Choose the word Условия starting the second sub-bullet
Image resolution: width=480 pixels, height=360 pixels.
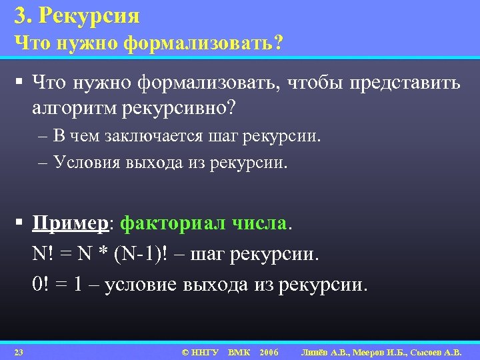(87, 162)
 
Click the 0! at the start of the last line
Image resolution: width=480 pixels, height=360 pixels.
(39, 285)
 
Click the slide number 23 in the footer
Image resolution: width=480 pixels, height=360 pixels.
(19, 351)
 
